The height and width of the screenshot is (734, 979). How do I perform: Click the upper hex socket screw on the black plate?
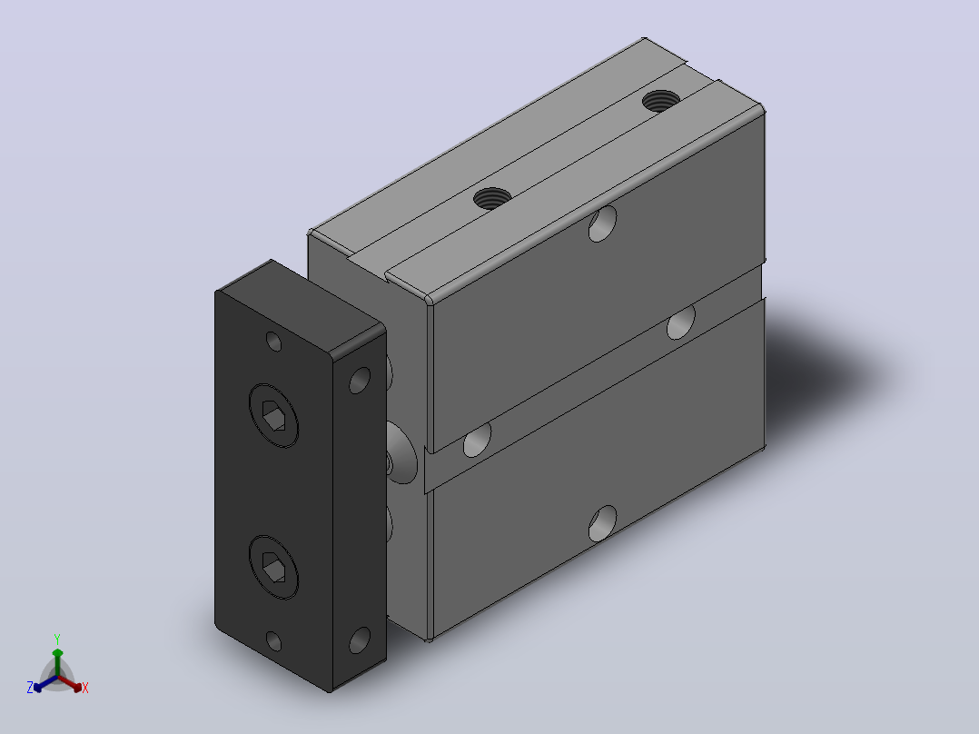pos(273,415)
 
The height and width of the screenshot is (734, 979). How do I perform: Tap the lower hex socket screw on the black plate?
pos(273,567)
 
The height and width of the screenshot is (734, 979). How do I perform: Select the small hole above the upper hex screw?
pos(273,342)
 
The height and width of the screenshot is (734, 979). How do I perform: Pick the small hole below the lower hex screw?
pos(273,641)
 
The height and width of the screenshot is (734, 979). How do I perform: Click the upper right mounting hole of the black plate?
pos(360,381)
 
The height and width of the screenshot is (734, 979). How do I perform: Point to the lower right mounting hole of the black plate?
pos(360,640)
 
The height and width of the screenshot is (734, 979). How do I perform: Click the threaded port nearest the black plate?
pos(492,199)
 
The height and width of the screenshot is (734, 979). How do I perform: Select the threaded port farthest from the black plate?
pos(660,101)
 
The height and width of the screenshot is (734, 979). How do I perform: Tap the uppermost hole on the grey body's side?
pos(602,223)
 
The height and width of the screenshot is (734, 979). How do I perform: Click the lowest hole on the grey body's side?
pos(602,524)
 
